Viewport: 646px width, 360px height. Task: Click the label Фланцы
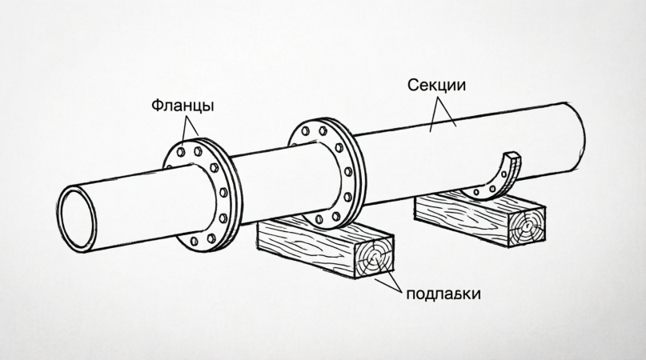(182, 106)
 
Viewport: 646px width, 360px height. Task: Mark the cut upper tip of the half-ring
(513, 155)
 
